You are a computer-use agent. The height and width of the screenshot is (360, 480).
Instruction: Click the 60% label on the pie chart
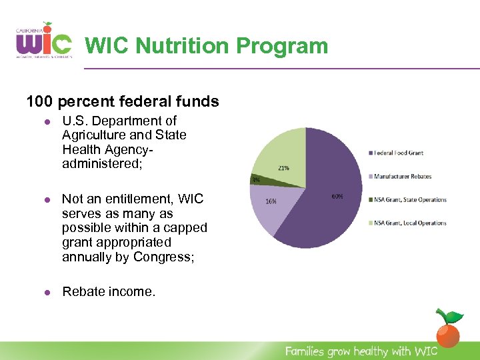click(x=337, y=196)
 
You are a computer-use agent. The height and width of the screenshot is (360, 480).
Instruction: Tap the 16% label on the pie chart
click(x=271, y=200)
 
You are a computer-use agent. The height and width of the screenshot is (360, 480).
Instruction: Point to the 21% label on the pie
click(x=283, y=168)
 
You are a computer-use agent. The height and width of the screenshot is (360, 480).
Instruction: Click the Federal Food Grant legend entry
click(x=397, y=153)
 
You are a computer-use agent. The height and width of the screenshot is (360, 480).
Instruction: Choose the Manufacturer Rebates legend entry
click(x=402, y=177)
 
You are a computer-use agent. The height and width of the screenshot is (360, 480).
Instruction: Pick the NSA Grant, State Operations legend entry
click(x=409, y=200)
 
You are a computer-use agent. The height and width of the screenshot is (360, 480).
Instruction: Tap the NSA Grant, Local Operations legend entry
click(x=409, y=223)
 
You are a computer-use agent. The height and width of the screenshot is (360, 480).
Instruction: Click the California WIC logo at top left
click(x=43, y=41)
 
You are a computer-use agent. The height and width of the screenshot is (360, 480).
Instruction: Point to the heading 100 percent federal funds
click(x=122, y=101)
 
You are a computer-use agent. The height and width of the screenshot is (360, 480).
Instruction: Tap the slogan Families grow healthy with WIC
click(x=361, y=351)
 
